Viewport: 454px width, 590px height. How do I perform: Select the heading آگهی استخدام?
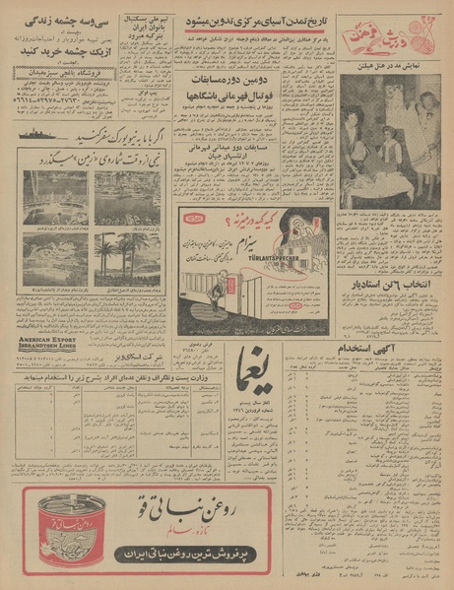click(x=365, y=349)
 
